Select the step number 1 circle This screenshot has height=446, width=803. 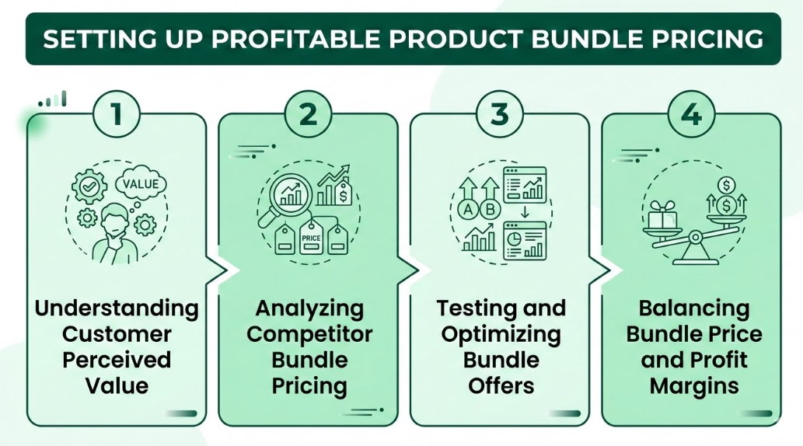(x=117, y=114)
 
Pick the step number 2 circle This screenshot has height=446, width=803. (x=309, y=114)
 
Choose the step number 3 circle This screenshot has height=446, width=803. (x=500, y=114)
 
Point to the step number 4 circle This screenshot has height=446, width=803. (x=691, y=114)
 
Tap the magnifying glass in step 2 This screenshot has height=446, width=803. (x=292, y=194)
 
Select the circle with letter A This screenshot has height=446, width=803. (x=469, y=210)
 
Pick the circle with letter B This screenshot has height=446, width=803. (x=491, y=210)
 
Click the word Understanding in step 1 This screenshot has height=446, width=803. (x=117, y=308)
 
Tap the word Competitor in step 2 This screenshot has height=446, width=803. (x=309, y=335)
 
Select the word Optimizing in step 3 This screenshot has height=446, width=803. (x=500, y=335)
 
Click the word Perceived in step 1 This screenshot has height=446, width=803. (x=117, y=361)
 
